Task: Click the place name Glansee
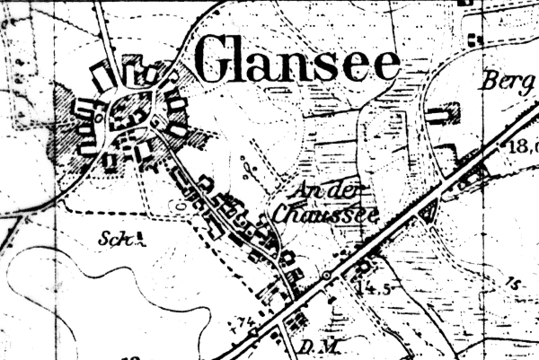(296, 61)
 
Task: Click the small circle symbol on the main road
(328, 275)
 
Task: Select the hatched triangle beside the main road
(428, 212)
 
